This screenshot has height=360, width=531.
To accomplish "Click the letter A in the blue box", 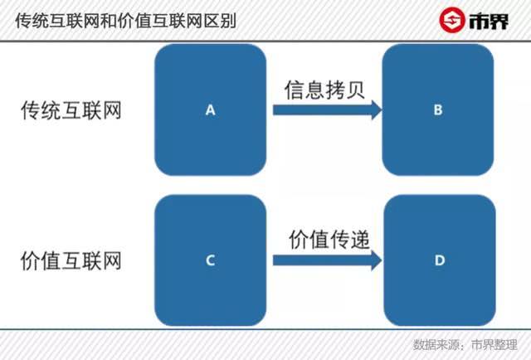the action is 210,110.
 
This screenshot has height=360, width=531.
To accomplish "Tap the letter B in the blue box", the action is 438,109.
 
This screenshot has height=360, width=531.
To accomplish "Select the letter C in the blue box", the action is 210,260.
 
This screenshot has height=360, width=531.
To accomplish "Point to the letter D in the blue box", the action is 440,260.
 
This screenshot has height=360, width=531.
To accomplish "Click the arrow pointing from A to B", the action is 328,109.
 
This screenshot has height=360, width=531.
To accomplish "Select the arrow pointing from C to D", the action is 328,260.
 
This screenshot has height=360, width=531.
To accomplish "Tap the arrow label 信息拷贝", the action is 324,90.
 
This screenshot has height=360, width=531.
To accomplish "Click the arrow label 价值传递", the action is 329,240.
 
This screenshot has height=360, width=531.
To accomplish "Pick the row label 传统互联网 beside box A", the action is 71,110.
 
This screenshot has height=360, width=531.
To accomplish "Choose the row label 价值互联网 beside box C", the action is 71,260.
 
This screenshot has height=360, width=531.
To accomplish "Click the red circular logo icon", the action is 451,20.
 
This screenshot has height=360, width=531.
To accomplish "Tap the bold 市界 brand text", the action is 489,22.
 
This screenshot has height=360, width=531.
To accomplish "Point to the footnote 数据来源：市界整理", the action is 465,344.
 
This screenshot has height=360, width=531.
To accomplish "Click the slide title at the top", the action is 125,21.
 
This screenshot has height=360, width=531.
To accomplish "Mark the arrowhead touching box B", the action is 377,109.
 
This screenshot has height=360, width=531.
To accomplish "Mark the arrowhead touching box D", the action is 377,260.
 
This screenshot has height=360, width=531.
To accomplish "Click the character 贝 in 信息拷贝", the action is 355,90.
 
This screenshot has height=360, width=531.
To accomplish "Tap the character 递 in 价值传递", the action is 360,240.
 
